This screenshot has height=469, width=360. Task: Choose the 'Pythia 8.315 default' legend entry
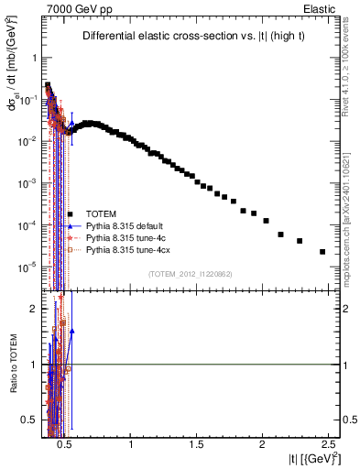[x=123, y=225]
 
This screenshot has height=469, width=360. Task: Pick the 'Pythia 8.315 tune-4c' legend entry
[x=124, y=237]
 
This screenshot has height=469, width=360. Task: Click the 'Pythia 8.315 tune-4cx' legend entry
[x=125, y=249]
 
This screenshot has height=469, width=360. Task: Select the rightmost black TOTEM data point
[x=322, y=252]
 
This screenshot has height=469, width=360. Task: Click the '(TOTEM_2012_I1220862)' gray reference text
[x=190, y=274]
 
